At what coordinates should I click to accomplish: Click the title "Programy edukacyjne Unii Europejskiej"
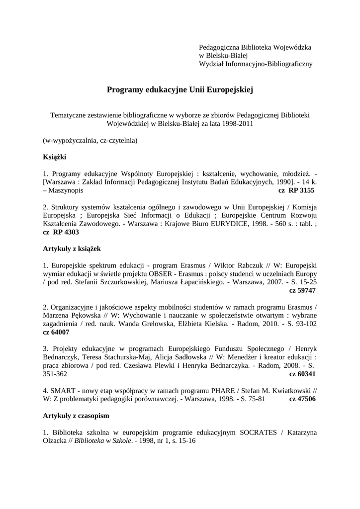tap(180, 90)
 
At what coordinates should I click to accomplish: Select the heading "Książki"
tap(55, 157)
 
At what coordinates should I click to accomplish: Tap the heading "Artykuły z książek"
tap(72, 248)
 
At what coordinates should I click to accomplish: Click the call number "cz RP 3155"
tap(296, 190)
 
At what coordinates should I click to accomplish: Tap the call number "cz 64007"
tap(56, 332)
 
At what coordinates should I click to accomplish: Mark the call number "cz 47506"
tap(302, 399)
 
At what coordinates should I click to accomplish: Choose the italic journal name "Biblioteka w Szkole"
tap(103, 440)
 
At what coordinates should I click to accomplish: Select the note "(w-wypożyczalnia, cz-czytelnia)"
tap(90, 140)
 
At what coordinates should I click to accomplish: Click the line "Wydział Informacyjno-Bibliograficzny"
tap(256, 64)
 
